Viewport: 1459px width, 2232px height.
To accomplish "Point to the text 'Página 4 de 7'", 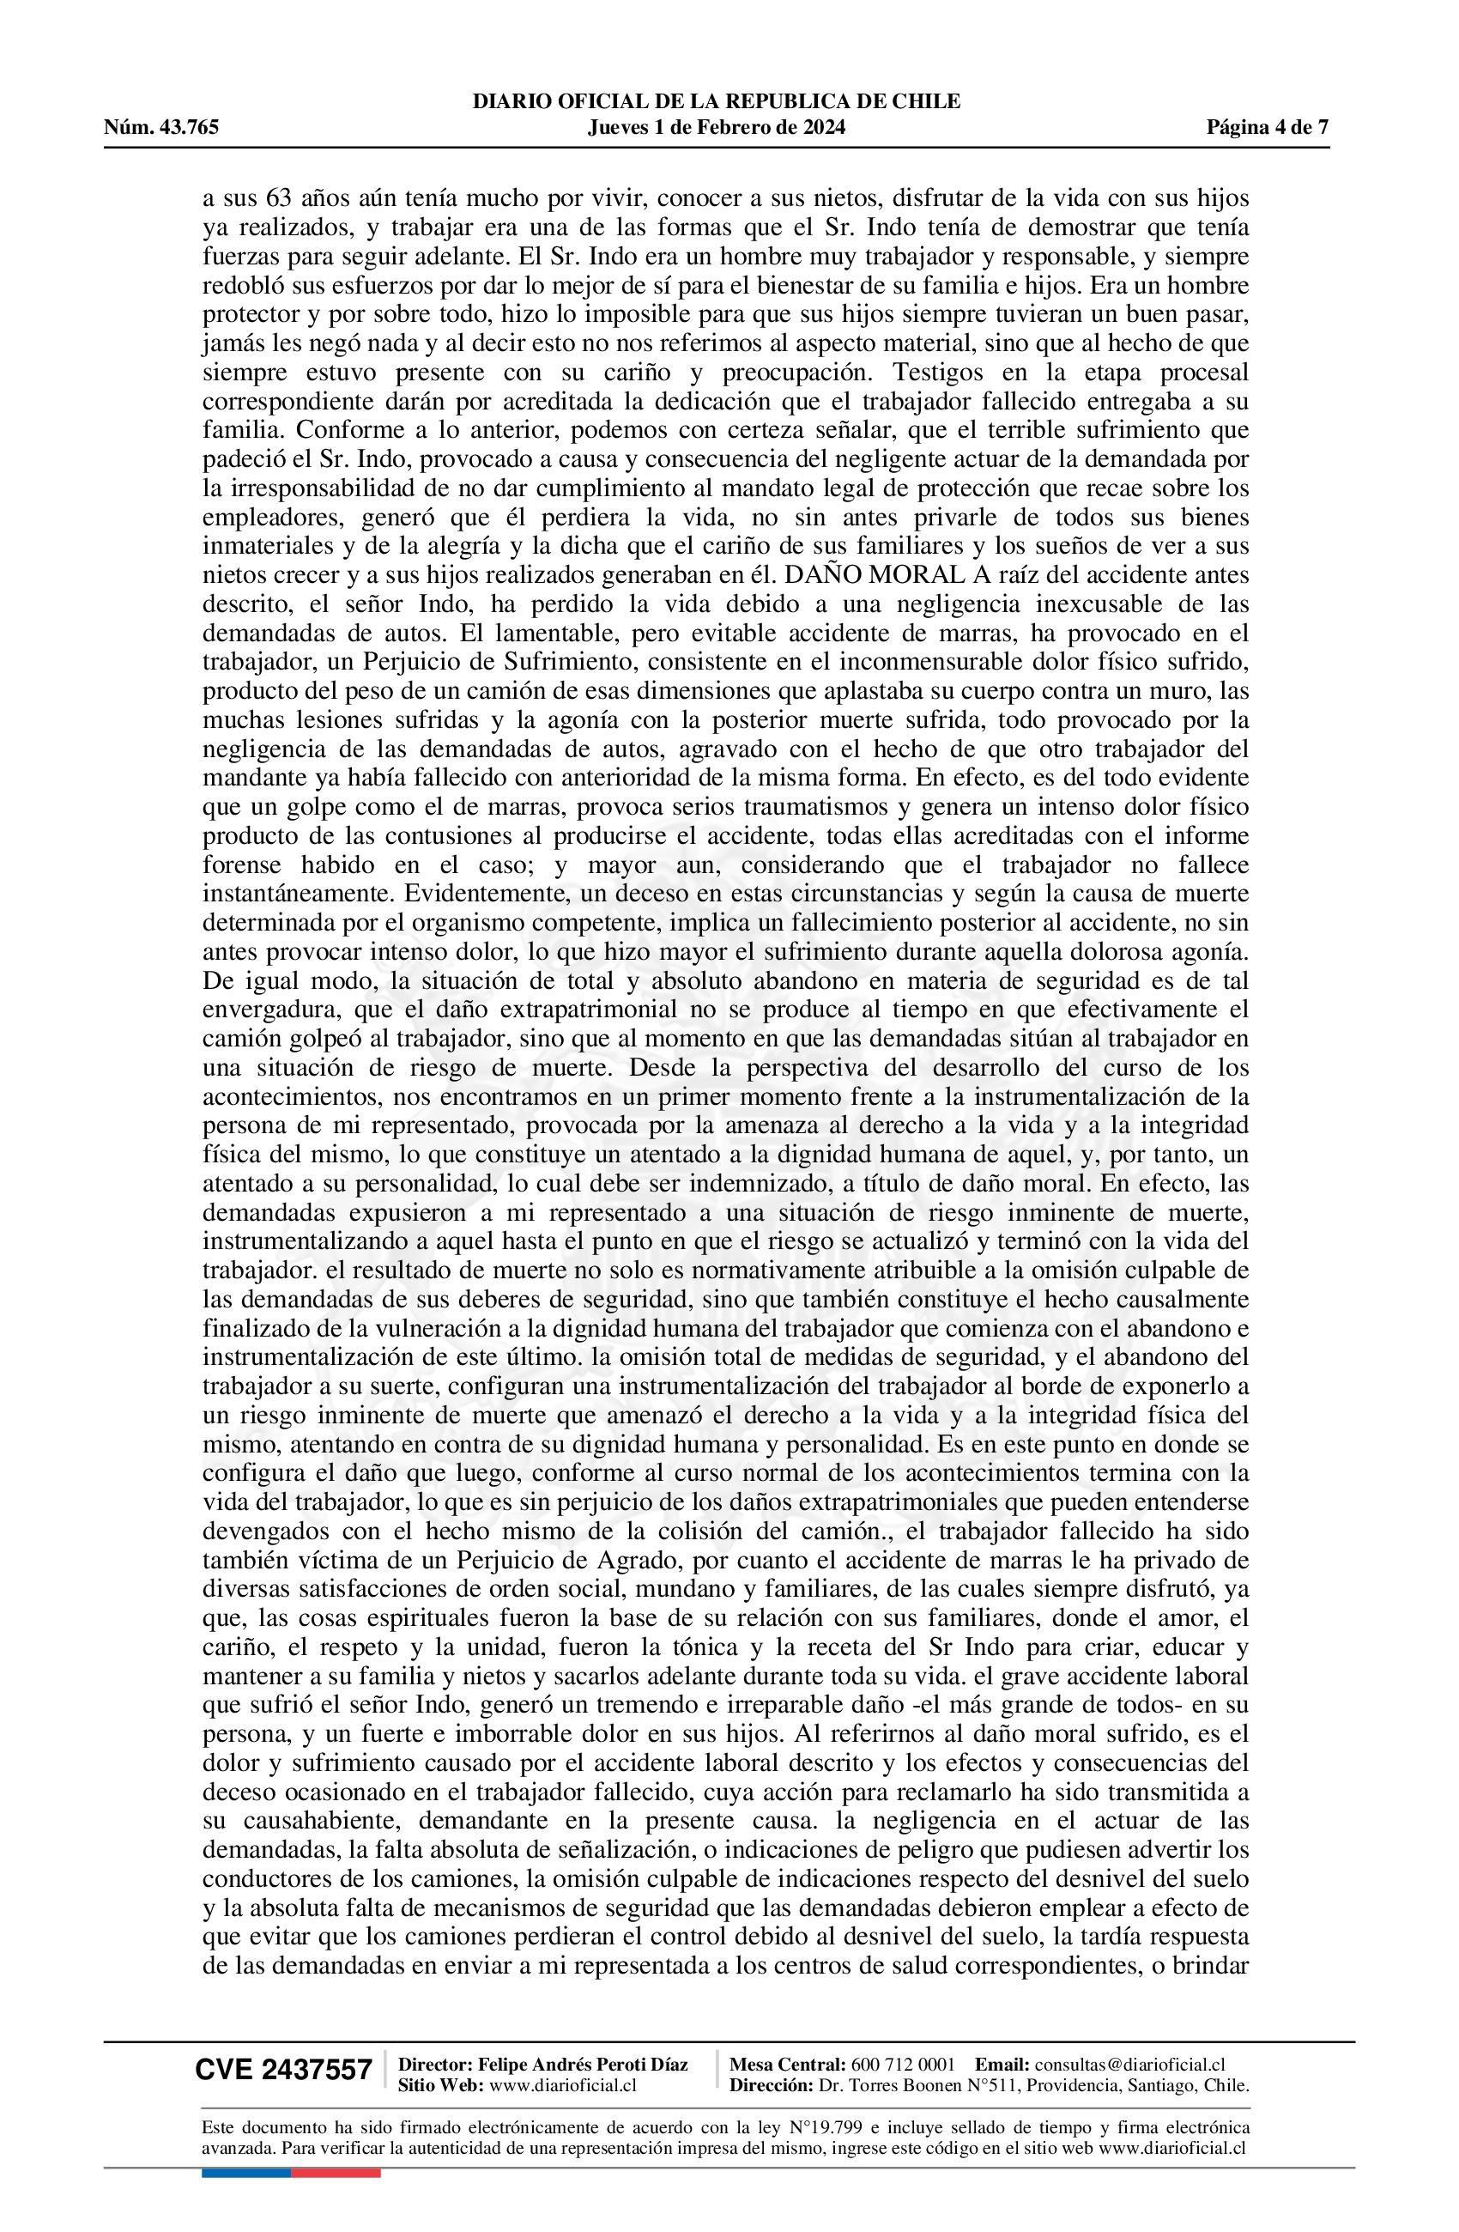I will (x=1267, y=128).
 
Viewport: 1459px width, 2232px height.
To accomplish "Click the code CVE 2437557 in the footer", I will (x=283, y=2070).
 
